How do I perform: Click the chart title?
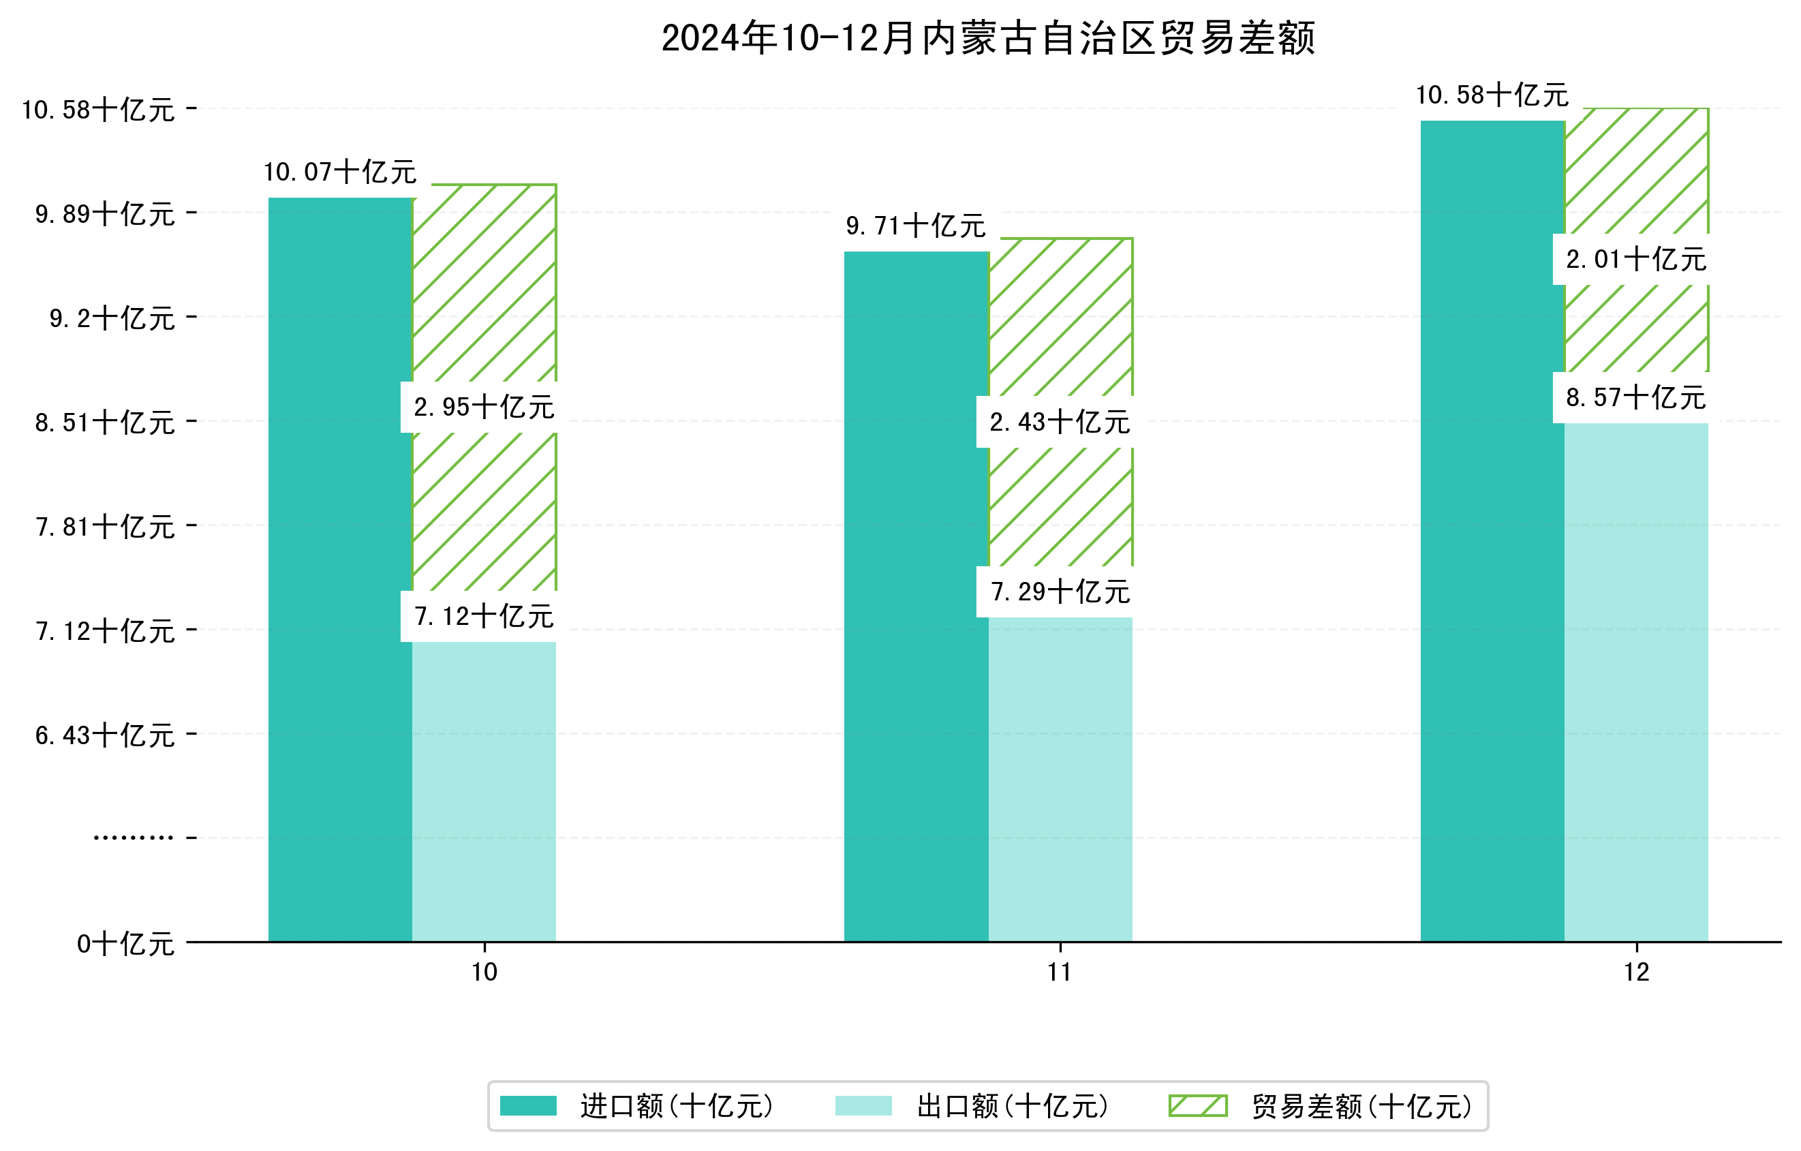pos(988,38)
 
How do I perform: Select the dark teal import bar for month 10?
pos(339,568)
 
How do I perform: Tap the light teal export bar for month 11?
pos(1060,778)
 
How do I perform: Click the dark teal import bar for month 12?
pos(1492,531)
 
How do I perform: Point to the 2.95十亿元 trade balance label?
pos(484,408)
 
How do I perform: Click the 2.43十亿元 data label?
pos(1059,423)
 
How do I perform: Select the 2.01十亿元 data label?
pos(1635,260)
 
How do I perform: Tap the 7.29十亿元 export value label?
pos(1060,592)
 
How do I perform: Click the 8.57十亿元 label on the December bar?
pos(1635,398)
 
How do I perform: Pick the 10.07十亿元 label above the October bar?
pos(339,172)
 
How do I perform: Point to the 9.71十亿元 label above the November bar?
pos(915,226)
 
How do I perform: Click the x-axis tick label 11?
pos(1059,972)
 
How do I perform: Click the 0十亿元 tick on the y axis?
pos(125,944)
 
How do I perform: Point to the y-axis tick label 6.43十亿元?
pos(105,736)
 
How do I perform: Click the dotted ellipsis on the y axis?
pos(133,838)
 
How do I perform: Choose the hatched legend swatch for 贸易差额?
pos(1197,1105)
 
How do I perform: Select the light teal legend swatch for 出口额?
pos(863,1105)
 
